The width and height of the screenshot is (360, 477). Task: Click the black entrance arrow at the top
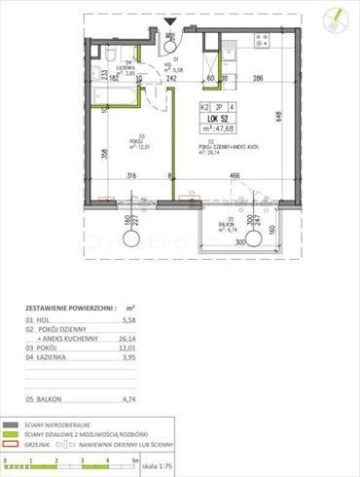[170, 23]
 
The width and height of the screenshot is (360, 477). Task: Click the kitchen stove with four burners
[259, 41]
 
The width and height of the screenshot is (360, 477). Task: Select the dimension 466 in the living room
[234, 176]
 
